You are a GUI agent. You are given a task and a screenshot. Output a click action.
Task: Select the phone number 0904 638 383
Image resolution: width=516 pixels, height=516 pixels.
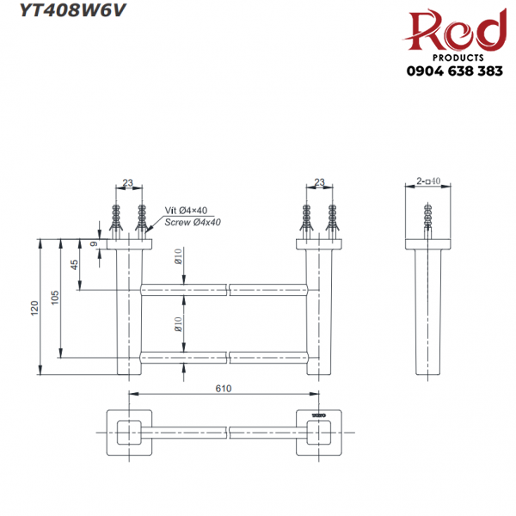pos(455,72)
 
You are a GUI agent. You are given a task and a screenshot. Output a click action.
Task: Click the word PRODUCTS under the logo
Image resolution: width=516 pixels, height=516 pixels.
pos(455,58)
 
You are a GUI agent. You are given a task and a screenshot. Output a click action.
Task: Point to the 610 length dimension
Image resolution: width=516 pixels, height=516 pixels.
pos(224,390)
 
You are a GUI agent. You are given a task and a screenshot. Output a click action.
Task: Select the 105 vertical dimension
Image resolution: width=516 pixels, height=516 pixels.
pos(55,297)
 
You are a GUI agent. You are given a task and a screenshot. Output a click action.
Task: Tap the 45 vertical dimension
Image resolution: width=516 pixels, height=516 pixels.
pos(74,265)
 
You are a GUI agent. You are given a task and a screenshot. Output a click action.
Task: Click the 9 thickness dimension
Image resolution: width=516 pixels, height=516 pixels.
pos(94,244)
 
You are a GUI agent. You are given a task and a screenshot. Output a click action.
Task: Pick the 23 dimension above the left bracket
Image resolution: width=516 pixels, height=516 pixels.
pos(127,181)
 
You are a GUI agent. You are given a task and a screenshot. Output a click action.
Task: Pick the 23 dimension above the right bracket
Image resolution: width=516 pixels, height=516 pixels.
pos(320,181)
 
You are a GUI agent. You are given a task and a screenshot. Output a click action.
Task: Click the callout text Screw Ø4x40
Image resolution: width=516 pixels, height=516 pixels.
pos(193,222)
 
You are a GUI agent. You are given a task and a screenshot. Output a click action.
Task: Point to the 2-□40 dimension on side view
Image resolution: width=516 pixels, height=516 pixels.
pos(428,181)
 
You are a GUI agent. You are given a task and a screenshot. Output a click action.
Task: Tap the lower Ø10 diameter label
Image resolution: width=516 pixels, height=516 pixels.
pos(178,323)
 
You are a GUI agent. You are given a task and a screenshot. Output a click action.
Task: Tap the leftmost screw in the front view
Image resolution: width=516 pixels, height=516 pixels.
pos(117,219)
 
